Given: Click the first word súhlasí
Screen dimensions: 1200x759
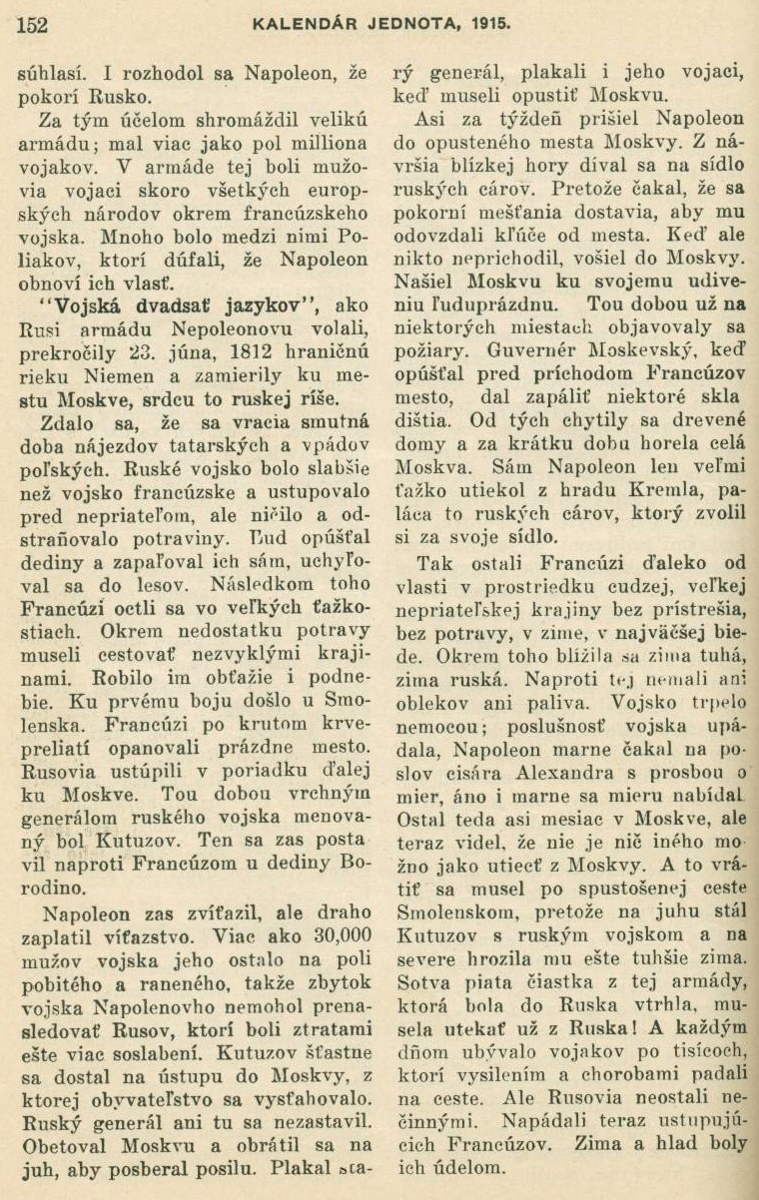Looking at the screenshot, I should [x=54, y=72].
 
